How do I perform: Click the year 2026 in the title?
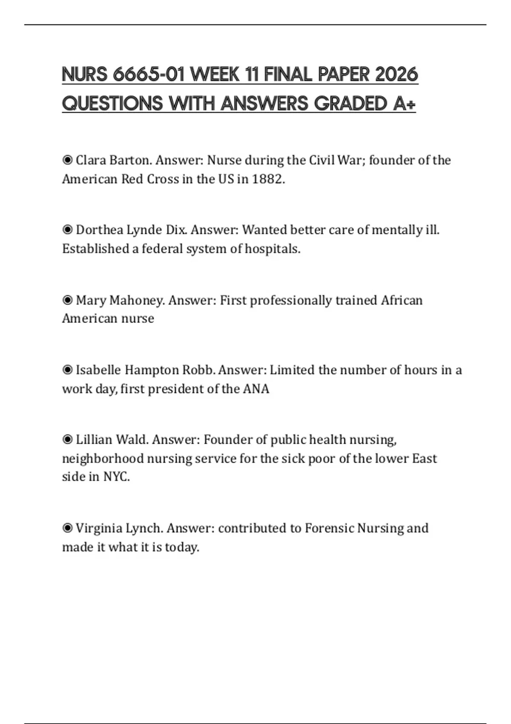tap(396, 75)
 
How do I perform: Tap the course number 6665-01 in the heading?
tap(149, 75)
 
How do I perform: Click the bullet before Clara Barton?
tap(67, 160)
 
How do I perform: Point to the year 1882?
tap(267, 179)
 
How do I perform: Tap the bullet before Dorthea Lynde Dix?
tap(67, 230)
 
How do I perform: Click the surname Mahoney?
tap(136, 300)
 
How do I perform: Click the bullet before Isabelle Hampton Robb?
tap(67, 370)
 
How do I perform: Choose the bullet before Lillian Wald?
tap(67, 440)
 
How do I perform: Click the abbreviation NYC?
tap(116, 477)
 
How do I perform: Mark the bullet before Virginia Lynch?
tap(67, 528)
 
